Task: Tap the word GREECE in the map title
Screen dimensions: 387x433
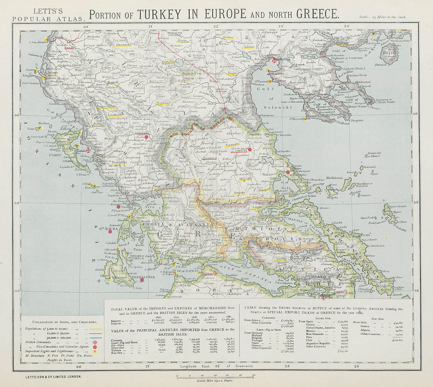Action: click(x=317, y=13)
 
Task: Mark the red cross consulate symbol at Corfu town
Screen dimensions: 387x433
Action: click(x=88, y=150)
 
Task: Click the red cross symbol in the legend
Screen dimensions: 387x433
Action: click(x=95, y=346)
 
